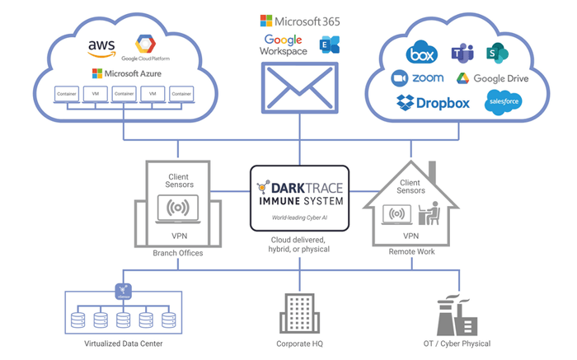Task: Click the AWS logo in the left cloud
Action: point(103,48)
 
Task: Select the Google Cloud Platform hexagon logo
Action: point(146,43)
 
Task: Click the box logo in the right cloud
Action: point(421,54)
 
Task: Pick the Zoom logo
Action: point(418,78)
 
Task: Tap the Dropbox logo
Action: point(433,103)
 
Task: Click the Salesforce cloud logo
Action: point(503,103)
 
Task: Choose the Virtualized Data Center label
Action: point(120,344)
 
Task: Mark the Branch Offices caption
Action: point(179,253)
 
